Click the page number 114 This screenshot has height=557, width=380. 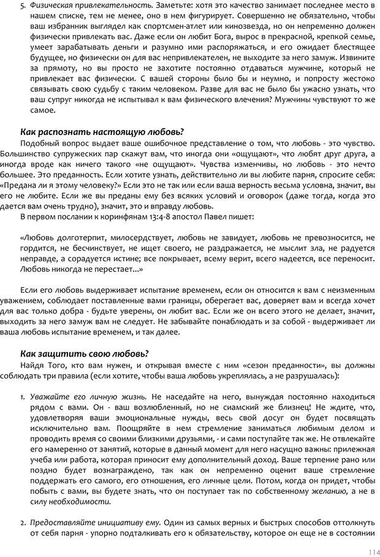point(368,551)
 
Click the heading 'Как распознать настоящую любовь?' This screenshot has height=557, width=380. point(102,131)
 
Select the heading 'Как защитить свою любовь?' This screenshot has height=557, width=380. point(85,353)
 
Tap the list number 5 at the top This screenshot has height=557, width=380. point(23,6)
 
